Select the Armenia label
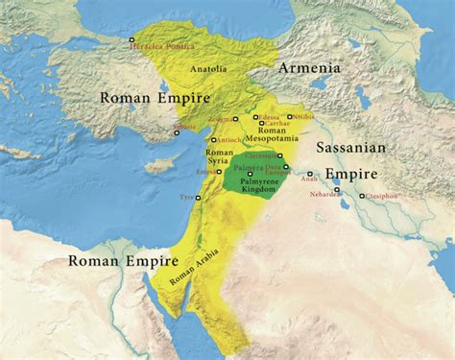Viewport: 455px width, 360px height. [309, 69]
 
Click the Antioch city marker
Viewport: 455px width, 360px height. [212, 139]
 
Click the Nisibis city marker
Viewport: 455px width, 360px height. [290, 117]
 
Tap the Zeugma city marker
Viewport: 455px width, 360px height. [236, 120]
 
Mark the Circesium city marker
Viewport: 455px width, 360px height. [280, 155]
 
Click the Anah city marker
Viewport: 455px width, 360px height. [310, 174]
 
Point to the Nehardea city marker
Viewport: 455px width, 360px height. [338, 190]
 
